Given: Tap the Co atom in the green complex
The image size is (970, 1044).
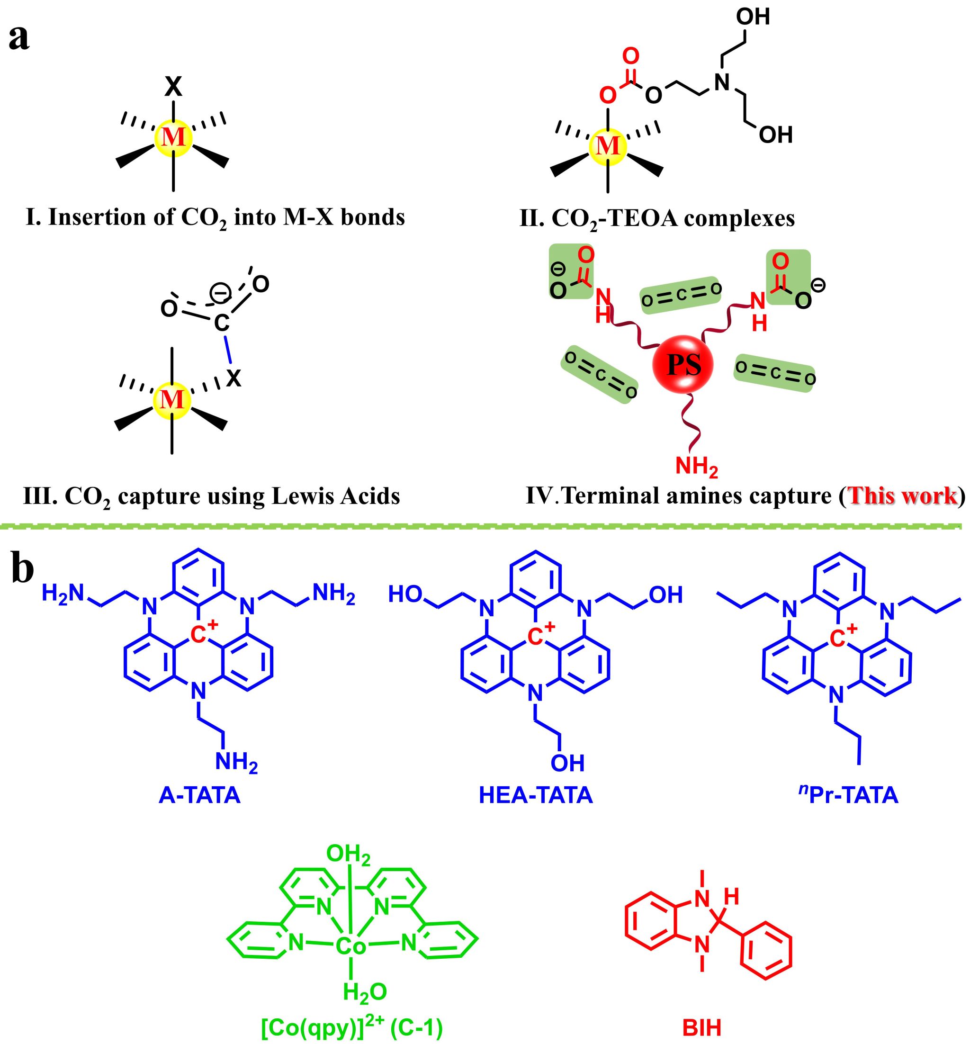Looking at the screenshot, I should click(x=350, y=946).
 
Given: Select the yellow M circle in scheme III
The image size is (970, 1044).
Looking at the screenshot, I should click(x=172, y=400).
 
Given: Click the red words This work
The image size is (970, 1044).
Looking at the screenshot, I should click(x=902, y=496).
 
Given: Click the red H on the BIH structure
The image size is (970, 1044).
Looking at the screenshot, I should click(x=731, y=897).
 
